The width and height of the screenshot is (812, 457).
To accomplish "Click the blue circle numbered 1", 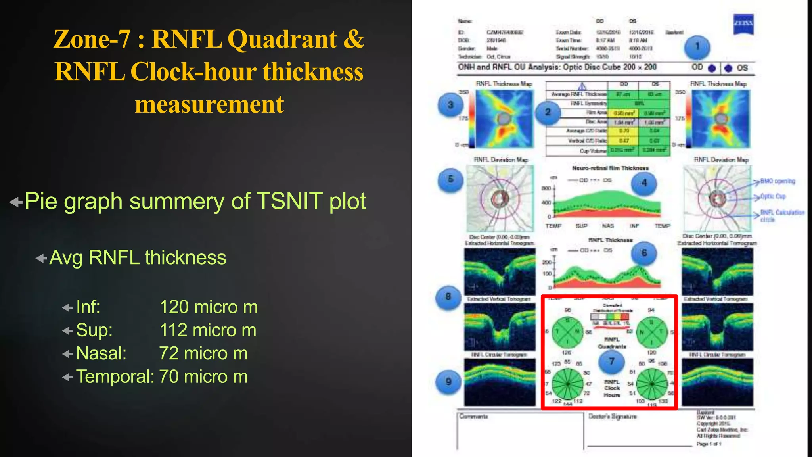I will coord(697,47).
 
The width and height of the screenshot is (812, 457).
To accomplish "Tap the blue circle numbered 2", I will coord(548,112).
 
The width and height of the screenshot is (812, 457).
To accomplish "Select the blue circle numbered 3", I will coord(450,105).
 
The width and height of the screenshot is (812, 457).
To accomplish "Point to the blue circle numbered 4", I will coord(644,183).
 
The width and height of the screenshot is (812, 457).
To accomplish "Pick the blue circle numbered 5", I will coord(450,179).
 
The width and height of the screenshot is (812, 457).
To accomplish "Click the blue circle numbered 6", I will coord(644,253).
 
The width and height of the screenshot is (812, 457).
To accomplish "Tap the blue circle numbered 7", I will coord(612,361).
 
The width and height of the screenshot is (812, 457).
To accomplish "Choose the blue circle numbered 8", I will coord(448,297).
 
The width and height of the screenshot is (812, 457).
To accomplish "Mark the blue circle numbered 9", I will coord(448,382).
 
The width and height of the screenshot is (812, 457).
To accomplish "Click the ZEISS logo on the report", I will coord(743,24).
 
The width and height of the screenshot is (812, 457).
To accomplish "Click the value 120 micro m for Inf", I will coord(209,307).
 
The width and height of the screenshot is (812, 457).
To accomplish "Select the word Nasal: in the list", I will coord(101,353).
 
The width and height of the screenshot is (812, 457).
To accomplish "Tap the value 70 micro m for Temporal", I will coord(203,376).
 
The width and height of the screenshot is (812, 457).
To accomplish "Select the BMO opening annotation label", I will coord(778,181).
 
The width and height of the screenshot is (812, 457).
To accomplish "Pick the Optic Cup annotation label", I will coord(773,196).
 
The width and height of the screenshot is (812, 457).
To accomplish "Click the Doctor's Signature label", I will coord(613,416).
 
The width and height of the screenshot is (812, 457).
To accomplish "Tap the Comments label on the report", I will coord(474,416).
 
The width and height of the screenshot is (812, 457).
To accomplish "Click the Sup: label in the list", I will coord(94,330).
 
